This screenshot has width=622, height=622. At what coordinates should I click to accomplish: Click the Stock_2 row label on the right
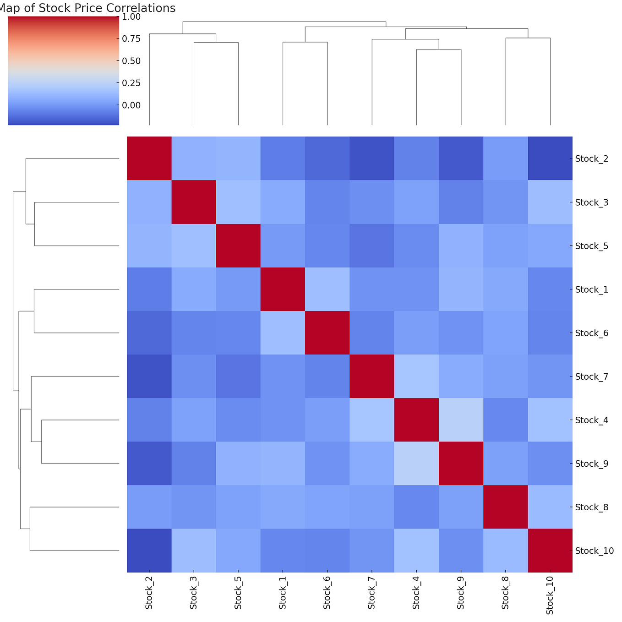(591, 158)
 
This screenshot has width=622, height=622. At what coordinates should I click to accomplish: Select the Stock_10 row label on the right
(594, 551)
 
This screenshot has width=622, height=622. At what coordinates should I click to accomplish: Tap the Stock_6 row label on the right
(591, 333)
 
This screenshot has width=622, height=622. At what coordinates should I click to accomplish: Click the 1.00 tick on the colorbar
(131, 17)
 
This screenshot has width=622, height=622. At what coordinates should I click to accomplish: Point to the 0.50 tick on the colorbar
(131, 61)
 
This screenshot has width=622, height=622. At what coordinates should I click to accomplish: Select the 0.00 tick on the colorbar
(131, 105)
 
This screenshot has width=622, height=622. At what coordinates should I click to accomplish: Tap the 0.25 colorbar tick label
(131, 83)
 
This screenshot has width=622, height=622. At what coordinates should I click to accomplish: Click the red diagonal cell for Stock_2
(149, 158)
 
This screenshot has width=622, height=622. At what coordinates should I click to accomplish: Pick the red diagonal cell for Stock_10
(550, 551)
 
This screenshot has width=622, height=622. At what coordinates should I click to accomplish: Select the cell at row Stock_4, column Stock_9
(461, 420)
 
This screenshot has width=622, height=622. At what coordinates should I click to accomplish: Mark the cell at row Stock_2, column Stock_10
(550, 158)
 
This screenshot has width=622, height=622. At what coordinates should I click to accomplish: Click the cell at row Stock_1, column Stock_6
(327, 289)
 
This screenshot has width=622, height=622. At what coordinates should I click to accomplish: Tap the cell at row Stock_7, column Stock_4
(416, 376)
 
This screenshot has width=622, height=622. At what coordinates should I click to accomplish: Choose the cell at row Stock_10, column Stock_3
(193, 551)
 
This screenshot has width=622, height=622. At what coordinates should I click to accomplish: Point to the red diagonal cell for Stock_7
(371, 376)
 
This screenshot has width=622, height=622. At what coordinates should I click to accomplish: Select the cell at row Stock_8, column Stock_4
(416, 507)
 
